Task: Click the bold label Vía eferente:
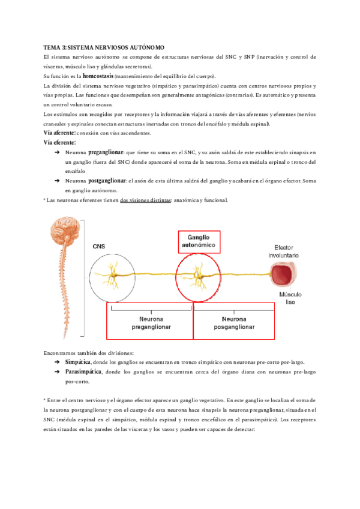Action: pos(60,142)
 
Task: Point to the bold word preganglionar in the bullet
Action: pos(107,152)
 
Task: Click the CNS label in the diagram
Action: pos(100,246)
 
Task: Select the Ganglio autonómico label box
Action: pos(199,242)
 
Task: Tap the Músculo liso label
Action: pos(290,299)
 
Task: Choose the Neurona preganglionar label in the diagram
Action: pos(151,324)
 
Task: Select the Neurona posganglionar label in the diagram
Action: pos(233,324)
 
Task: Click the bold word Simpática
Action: pos(77,363)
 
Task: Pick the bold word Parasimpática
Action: pos(83,372)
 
